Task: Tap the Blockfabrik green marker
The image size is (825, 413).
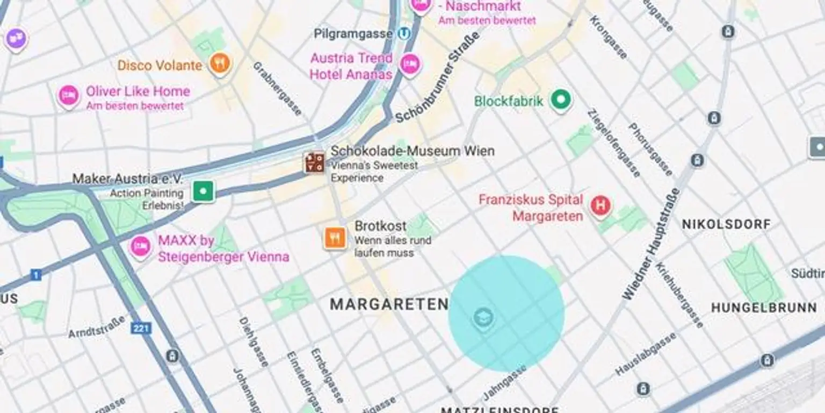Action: [x=561, y=100]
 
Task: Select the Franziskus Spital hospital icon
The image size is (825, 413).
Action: [x=600, y=205]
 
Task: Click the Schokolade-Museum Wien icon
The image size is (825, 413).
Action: [x=314, y=162]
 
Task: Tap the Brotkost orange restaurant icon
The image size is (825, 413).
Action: [x=335, y=238]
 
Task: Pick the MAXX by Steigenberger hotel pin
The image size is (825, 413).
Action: [x=140, y=247]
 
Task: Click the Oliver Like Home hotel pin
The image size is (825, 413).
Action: [x=68, y=96]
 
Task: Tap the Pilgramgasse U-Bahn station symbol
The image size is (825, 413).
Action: [x=404, y=34]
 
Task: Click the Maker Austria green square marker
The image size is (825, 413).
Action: [x=204, y=191]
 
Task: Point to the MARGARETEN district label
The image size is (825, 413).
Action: [x=389, y=304]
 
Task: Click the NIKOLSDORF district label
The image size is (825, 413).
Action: [x=726, y=224]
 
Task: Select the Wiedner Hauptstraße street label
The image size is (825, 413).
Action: [x=651, y=244]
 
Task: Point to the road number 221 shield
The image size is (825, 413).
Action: [x=141, y=327]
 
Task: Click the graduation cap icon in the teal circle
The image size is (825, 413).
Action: [x=483, y=318]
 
